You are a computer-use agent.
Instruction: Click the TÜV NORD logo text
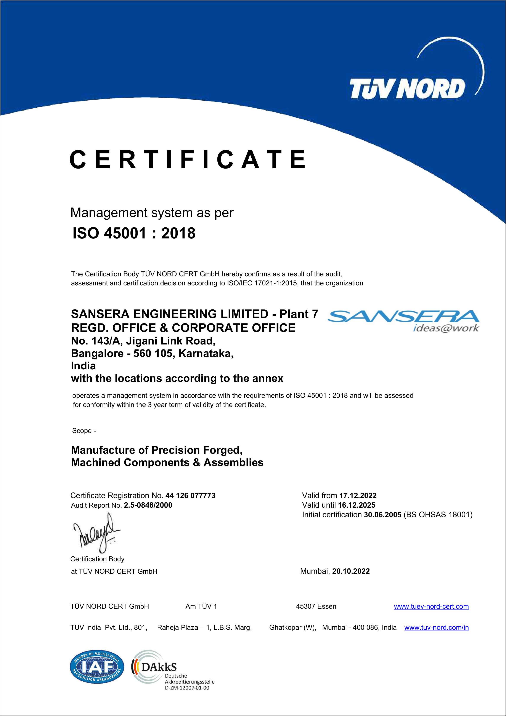coord(407,89)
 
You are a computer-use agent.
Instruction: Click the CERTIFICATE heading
coord(188,160)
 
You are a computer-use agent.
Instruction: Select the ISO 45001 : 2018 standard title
coord(134,233)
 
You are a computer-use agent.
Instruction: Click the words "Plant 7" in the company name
coord(299,314)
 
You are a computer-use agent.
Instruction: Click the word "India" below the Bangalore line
coord(83,366)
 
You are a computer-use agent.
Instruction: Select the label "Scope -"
coord(84,431)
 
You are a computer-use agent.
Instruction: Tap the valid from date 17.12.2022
coord(358,496)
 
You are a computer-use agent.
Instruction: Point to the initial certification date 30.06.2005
coord(382,515)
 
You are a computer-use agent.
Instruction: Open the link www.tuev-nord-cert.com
coord(431,607)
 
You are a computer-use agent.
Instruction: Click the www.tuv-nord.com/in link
coord(437,628)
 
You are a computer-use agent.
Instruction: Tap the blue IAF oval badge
coord(97,667)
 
